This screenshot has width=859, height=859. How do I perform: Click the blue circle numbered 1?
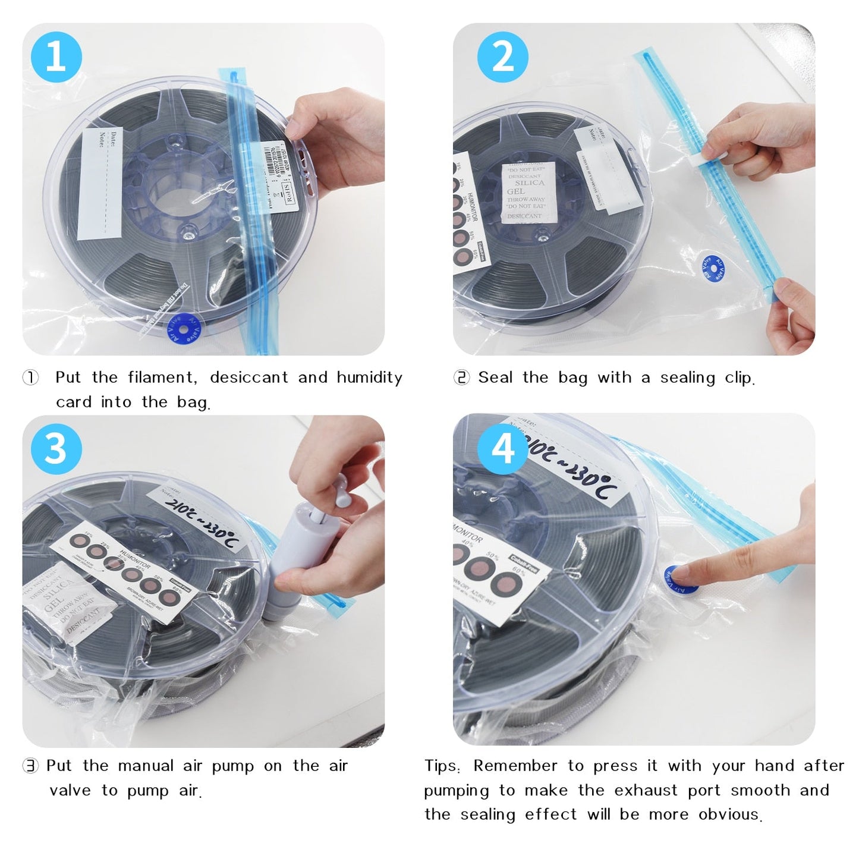coord(56,57)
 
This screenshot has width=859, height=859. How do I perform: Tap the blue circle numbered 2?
coord(503,57)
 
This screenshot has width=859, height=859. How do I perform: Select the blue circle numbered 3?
coord(56,448)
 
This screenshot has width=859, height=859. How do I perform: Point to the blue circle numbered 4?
coord(503,448)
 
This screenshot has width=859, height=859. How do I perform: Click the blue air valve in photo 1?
coord(184,329)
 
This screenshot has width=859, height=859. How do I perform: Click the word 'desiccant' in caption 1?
coord(248,377)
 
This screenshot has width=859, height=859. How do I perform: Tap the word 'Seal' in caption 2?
coord(495,377)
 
